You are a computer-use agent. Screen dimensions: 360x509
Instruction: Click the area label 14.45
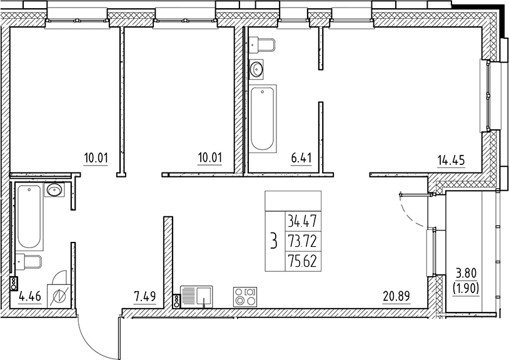tap(450, 158)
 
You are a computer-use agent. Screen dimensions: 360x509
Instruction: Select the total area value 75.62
tap(303, 260)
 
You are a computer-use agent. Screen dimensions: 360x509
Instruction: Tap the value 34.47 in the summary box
tap(303, 220)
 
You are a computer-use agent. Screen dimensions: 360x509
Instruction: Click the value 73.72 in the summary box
tap(303, 240)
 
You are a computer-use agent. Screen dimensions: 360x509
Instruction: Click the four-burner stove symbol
tap(244, 296)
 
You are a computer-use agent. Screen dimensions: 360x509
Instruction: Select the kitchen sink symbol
tap(196, 296)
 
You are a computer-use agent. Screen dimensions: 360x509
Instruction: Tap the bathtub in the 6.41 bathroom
tap(263, 119)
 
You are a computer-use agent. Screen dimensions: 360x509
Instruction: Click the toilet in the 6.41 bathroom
tap(263, 44)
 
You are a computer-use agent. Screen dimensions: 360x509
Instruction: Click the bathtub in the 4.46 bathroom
tap(30, 217)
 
